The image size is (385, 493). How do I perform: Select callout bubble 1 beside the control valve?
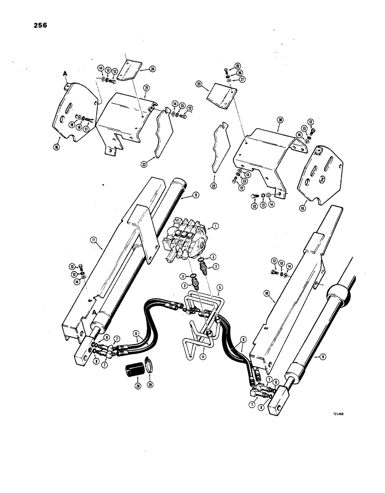coord(215,227)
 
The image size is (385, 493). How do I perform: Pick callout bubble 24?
coord(153,70)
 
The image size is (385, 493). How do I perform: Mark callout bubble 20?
coord(280,120)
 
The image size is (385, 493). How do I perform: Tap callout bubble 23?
coord(200,84)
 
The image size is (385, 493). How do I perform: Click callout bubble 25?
coord(237,65)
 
